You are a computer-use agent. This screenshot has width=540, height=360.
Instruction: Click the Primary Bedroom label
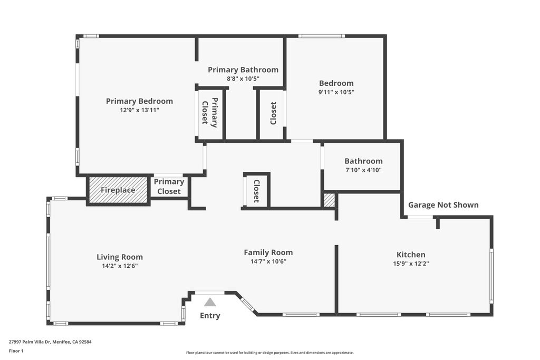(139, 101)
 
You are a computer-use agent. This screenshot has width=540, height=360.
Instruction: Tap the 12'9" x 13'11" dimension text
(139, 110)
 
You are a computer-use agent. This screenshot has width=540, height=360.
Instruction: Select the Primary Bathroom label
(243, 70)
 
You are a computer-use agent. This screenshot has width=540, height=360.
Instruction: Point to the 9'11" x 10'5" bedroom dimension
(336, 92)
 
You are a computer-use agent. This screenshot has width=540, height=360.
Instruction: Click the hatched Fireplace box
(118, 190)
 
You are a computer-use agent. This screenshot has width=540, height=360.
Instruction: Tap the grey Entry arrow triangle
(210, 302)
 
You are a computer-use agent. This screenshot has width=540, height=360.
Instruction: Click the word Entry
(210, 316)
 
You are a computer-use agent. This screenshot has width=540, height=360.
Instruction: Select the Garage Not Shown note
(443, 205)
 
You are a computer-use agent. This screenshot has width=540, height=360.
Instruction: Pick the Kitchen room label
(411, 255)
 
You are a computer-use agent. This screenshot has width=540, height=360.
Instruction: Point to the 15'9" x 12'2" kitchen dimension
(411, 264)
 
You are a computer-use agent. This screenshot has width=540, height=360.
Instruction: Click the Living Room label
(120, 257)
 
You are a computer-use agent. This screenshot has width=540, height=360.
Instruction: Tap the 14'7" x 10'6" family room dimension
(268, 261)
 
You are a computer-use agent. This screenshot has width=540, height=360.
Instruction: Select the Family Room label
(268, 252)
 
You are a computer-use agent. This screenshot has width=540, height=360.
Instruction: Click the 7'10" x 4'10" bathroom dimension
(363, 170)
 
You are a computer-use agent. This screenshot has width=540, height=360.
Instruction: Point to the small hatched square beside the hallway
(329, 200)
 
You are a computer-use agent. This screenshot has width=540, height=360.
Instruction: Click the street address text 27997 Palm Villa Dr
(30, 342)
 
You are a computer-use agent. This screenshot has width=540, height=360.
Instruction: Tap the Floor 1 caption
(16, 351)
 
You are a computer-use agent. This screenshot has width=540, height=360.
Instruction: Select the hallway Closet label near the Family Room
(257, 191)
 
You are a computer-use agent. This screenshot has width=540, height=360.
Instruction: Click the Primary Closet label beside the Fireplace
(169, 187)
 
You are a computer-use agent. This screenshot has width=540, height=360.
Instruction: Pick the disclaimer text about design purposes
(269, 353)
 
